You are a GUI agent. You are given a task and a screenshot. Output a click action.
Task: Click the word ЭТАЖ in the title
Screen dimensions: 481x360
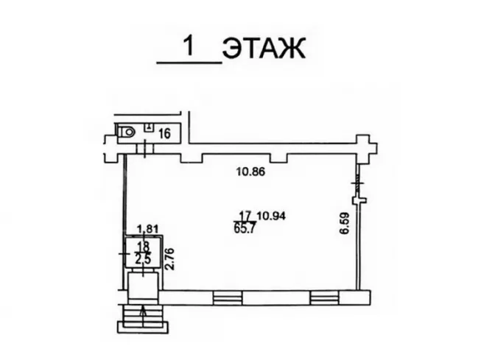264,49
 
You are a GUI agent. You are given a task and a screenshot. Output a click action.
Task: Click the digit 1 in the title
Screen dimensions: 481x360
189,46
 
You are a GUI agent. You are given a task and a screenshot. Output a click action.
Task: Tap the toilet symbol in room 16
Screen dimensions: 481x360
127,132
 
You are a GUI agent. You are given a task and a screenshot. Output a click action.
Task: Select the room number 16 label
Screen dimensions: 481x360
165,134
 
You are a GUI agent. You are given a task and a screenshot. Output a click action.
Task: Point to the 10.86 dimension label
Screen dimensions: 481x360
250,172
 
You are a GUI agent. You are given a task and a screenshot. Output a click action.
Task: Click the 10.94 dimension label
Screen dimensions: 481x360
272,216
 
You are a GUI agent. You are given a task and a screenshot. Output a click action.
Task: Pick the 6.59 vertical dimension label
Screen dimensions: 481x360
345,223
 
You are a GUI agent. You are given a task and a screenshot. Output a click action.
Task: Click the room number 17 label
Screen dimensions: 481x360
245,216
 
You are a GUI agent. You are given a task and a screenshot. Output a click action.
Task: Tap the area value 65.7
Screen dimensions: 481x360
244,229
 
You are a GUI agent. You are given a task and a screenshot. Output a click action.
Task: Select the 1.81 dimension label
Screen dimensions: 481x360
147,229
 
